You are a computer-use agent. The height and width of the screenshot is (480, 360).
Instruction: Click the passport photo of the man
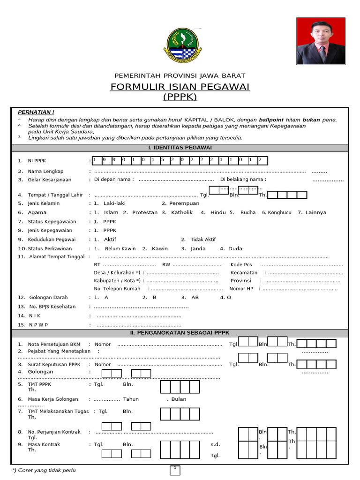click(x=321, y=41)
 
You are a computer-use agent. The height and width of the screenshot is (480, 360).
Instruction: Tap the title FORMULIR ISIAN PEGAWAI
click(x=180, y=87)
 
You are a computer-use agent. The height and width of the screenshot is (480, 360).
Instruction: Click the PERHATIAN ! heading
click(x=36, y=112)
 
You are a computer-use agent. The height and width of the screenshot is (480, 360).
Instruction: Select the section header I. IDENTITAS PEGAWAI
click(x=180, y=148)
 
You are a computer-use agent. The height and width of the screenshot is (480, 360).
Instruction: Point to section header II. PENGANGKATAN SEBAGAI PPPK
click(x=180, y=333)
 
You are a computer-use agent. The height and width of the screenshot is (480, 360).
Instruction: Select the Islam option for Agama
click(x=111, y=212)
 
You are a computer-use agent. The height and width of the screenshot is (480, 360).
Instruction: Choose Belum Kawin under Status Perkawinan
click(x=120, y=248)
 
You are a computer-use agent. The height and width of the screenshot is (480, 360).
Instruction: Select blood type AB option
click(x=195, y=297)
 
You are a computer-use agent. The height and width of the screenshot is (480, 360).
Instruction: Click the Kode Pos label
click(x=241, y=265)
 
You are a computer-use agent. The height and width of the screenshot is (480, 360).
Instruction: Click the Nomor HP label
click(x=244, y=289)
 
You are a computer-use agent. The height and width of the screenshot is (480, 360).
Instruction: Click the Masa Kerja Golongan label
click(x=53, y=399)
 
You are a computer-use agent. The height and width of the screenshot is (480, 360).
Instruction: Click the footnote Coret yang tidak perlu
click(x=45, y=470)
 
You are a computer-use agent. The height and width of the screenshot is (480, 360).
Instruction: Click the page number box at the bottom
click(x=174, y=469)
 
